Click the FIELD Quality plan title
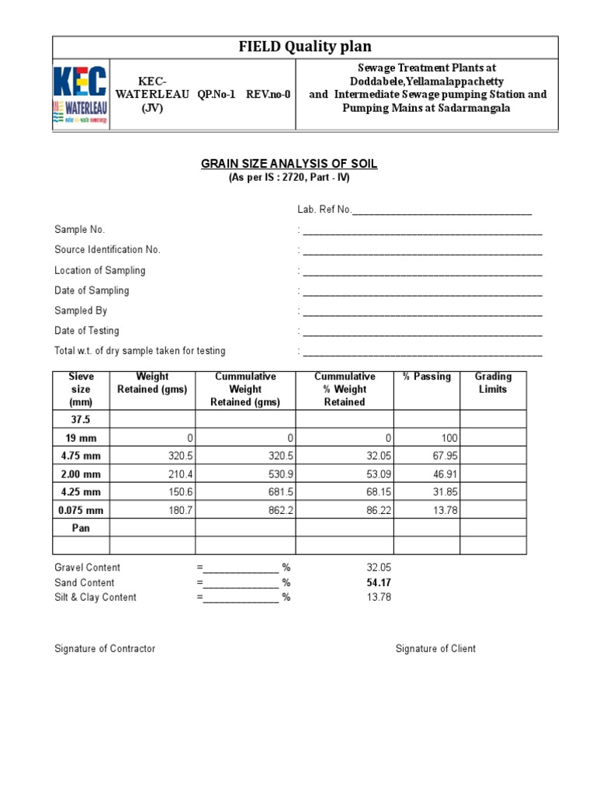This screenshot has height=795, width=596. coord(304,47)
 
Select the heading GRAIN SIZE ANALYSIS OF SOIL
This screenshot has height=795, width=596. coord(289,164)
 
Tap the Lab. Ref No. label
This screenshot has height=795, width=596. coord(324,210)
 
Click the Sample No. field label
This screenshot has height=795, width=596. coord(79,230)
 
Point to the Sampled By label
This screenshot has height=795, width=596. coord(81,311)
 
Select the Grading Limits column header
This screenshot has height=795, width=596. coord(493,383)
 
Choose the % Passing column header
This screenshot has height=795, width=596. coord(426,377)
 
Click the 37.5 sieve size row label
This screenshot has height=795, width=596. coord(81,419)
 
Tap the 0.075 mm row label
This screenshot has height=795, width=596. coord(81,510)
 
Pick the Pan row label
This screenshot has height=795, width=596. coord(81,528)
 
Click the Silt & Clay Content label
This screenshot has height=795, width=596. coord(95,597)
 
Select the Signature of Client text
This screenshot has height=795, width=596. coord(435,648)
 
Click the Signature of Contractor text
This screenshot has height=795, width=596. coord(105,648)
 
